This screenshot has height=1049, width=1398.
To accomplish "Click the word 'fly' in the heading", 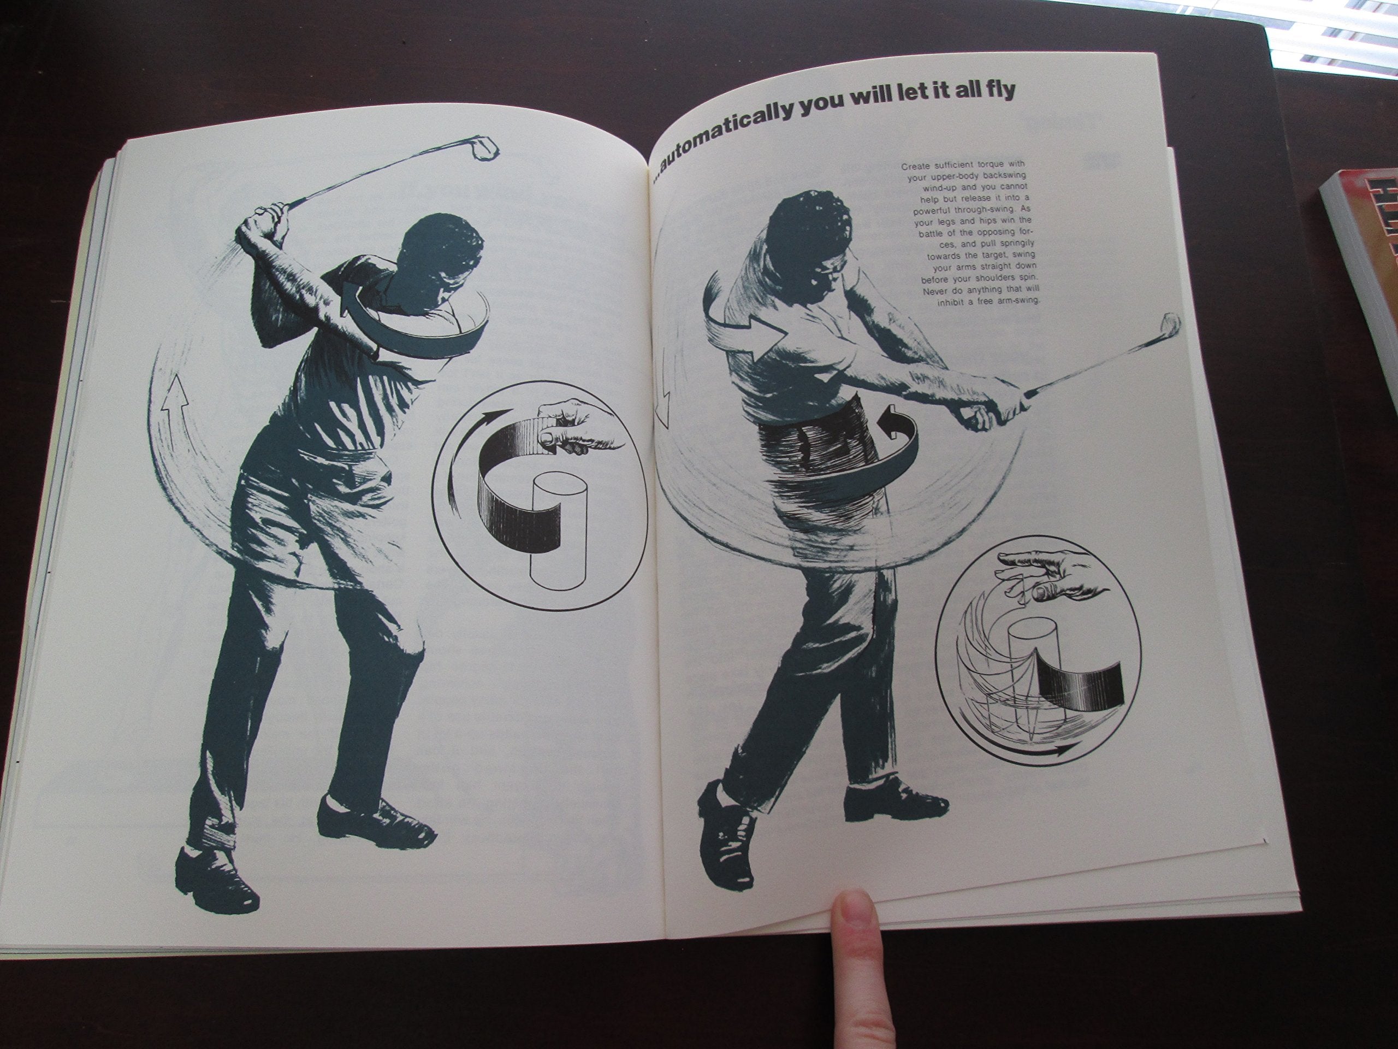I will tap(996, 90).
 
